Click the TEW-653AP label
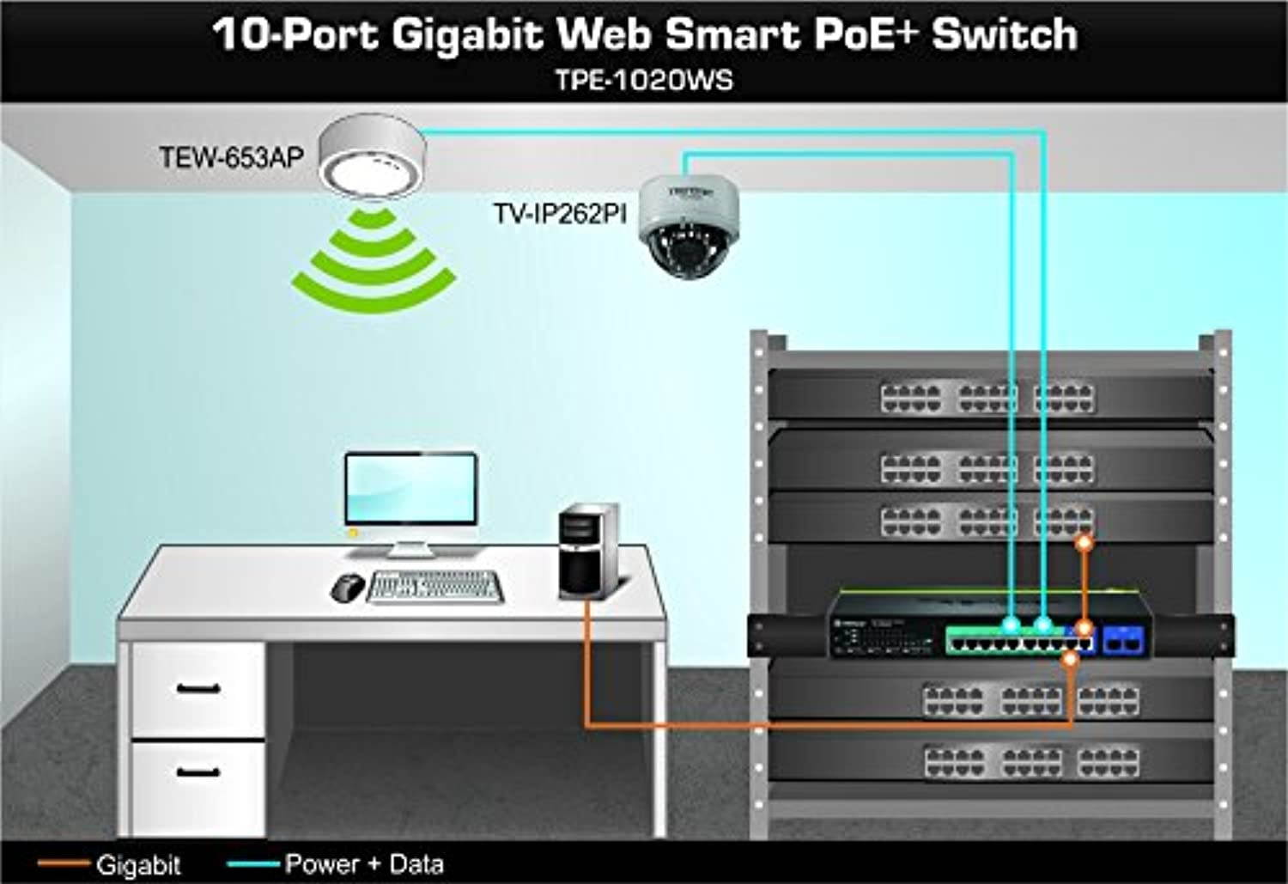tap(231, 157)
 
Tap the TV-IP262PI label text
tap(560, 213)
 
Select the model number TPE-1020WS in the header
tap(644, 80)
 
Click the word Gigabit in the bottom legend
tap(138, 864)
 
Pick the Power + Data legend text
tap(364, 863)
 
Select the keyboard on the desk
tap(434, 588)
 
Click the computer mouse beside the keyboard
tap(347, 588)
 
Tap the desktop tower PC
tap(588, 550)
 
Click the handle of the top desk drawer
tap(198, 688)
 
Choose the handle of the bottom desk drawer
tap(198, 771)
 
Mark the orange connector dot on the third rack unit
tap(1085, 543)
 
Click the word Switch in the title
tap(1004, 34)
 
